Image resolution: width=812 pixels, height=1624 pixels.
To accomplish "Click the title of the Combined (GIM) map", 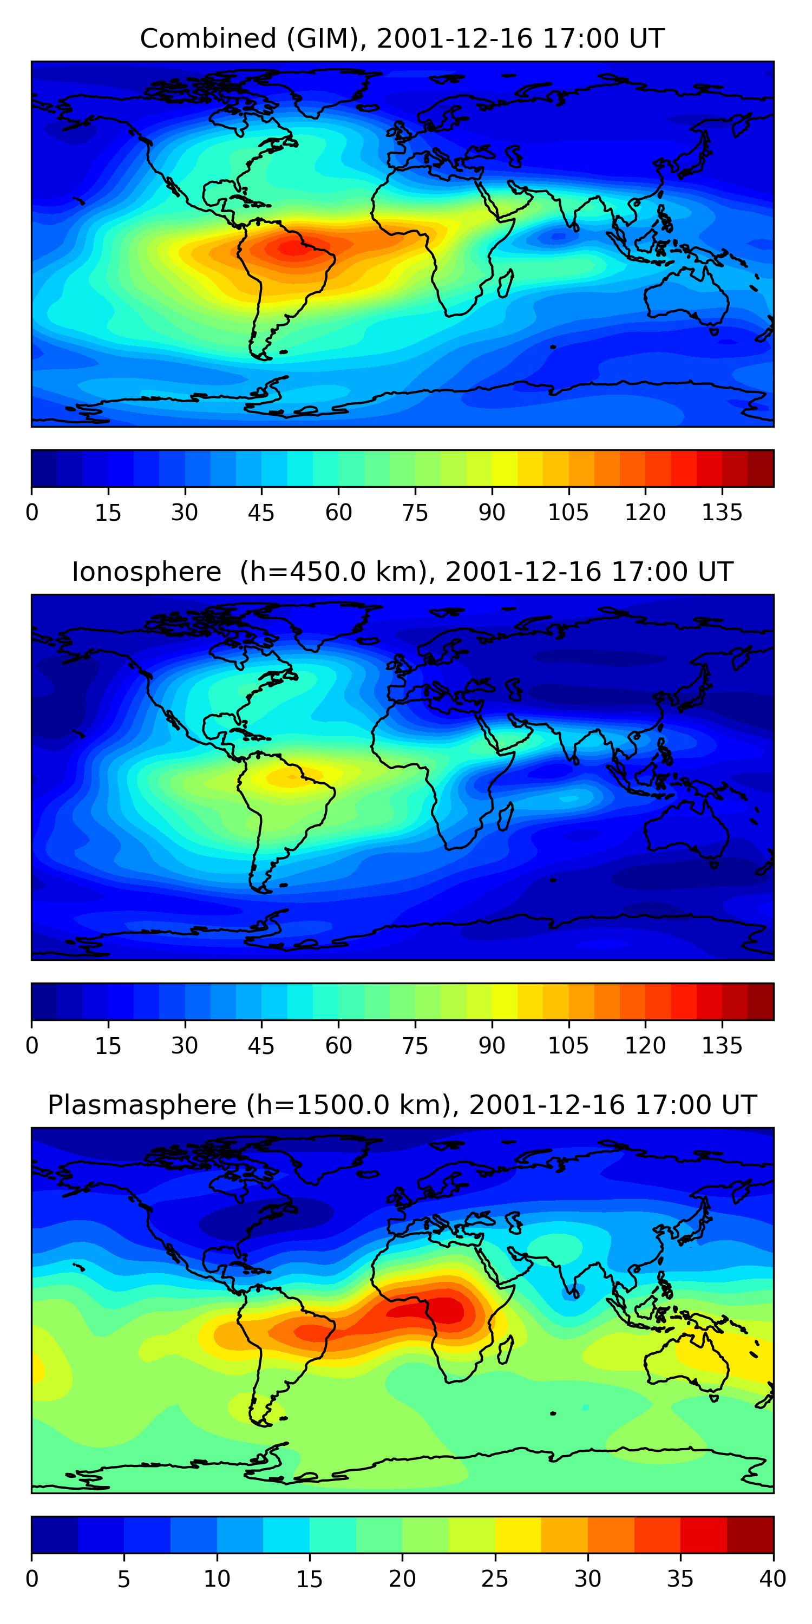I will point(402,38).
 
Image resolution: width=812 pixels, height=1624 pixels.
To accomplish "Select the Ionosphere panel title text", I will point(402,572).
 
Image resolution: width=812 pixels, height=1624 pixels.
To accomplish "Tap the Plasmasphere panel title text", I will point(402,1105).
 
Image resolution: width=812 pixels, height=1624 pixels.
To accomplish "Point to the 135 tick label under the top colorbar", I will point(722,513).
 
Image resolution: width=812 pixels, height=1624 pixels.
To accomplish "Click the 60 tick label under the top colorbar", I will point(338,513).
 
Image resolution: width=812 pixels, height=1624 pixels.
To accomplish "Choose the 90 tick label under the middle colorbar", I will point(492,1046).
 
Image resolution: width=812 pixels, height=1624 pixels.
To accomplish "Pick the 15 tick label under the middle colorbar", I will point(108,1046).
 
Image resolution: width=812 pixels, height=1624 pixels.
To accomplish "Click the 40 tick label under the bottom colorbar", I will point(772,1579).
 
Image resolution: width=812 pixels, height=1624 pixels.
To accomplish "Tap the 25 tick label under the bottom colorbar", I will point(495,1579).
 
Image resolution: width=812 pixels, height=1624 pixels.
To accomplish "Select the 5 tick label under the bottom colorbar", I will point(123,1579).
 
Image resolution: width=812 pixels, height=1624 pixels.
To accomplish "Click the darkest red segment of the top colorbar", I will point(761,468).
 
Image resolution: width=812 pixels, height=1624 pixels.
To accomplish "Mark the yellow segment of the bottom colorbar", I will point(518,1535).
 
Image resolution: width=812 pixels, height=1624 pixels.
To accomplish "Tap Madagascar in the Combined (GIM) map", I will point(505,284).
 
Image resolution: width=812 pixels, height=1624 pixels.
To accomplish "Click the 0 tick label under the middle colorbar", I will point(32,1046).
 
